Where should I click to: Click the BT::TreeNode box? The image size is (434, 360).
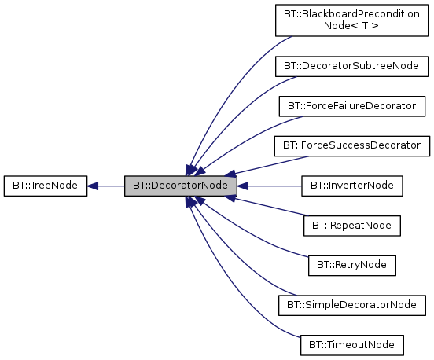point(45,186)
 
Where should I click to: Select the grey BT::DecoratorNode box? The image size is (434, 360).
point(181,186)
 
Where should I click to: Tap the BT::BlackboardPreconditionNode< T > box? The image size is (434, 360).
point(352,20)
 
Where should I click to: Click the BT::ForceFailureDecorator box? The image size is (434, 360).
point(352,105)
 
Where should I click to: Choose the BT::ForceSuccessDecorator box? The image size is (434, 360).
point(352,145)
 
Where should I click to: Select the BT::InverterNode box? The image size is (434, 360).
point(352,186)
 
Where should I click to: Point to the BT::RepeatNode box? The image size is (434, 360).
point(352,226)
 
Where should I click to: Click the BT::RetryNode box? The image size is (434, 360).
point(352,265)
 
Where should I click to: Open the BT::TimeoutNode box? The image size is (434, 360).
point(352,344)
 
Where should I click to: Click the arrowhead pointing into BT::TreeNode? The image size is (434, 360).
point(93,186)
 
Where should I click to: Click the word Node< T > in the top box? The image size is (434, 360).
point(352,26)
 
